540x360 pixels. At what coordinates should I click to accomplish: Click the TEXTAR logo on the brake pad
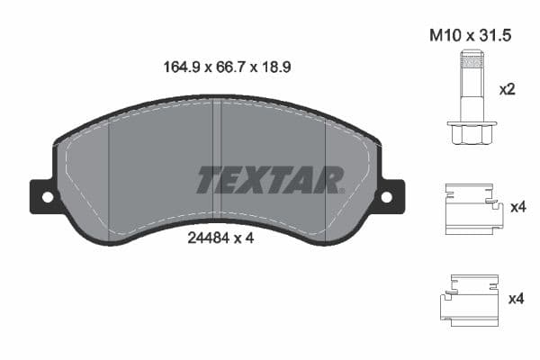tap(270, 180)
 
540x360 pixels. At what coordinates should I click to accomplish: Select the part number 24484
tap(205, 239)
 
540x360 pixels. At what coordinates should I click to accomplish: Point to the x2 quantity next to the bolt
tap(508, 90)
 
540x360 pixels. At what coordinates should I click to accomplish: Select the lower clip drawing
tap(469, 298)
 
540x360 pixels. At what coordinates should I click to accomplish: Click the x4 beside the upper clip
tap(517, 207)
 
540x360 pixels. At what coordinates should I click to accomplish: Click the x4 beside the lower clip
tap(517, 298)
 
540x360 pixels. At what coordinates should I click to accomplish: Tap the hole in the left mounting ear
tap(47, 196)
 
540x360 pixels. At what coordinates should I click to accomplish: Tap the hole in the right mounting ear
tap(387, 196)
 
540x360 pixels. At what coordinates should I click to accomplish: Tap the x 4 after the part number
tap(238, 239)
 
